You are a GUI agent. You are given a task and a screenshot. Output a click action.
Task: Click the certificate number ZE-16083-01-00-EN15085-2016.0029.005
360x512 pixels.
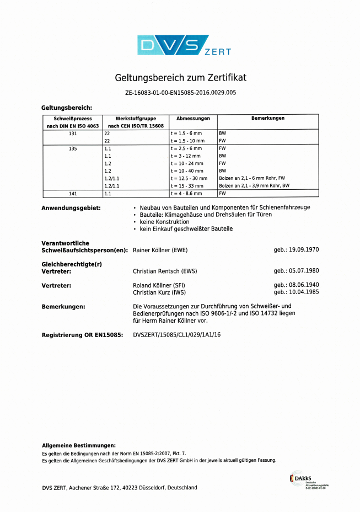pos(180,93)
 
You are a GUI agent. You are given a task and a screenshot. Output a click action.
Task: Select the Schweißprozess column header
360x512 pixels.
pos(73,122)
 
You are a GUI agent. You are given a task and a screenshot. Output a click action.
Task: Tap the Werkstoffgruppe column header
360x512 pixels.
pos(136,122)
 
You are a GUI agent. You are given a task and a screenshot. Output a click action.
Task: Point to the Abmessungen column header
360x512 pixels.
pos(193,119)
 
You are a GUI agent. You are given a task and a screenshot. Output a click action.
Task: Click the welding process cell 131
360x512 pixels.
pos(73,134)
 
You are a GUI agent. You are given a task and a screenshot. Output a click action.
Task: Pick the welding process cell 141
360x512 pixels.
pos(73,194)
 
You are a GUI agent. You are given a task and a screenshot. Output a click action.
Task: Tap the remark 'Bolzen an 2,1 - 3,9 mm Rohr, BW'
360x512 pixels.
pos(254,186)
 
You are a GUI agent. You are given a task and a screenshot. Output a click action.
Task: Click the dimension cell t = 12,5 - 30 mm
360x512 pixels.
pos(189,179)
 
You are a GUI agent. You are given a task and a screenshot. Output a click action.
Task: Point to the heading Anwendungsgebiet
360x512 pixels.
pos(71,208)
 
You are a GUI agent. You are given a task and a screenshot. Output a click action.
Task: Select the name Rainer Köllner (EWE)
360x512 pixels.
pos(160,250)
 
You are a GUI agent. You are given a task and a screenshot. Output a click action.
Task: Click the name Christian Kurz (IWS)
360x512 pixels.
pos(159,292)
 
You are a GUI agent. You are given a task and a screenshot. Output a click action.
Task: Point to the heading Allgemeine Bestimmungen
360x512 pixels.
pos(79,445)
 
